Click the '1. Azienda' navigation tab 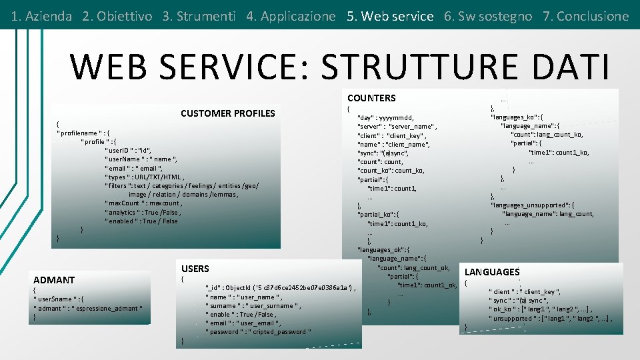[41, 16]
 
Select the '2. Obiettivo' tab [117, 16]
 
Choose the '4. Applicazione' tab [291, 16]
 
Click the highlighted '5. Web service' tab [390, 16]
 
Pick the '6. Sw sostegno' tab [488, 16]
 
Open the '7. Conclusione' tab [586, 16]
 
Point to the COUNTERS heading [371, 98]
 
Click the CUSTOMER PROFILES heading [227, 113]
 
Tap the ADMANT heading [54, 280]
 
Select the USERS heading [195, 269]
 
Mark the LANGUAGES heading [492, 272]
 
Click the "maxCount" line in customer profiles [143, 203]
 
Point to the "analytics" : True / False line [143, 212]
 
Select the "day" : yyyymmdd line [386, 117]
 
